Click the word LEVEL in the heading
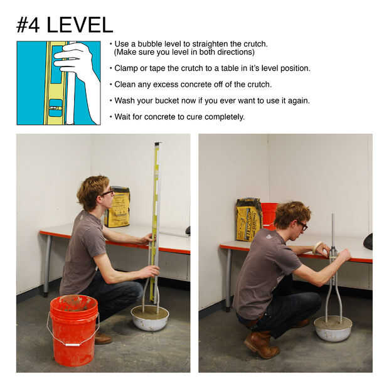(x=80, y=25)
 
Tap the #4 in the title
(x=28, y=25)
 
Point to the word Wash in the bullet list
(x=124, y=101)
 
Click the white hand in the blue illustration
(x=78, y=75)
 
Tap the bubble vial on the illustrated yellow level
(x=55, y=108)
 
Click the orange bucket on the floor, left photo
(x=73, y=330)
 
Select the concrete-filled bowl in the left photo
(x=150, y=318)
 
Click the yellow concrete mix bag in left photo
(x=117, y=207)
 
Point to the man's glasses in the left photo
(x=107, y=193)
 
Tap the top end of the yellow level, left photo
(x=157, y=143)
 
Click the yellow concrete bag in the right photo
(x=248, y=220)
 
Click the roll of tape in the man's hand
(x=317, y=247)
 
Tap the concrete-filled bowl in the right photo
(x=333, y=329)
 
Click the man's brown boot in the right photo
(x=261, y=344)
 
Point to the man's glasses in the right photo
(x=302, y=225)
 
